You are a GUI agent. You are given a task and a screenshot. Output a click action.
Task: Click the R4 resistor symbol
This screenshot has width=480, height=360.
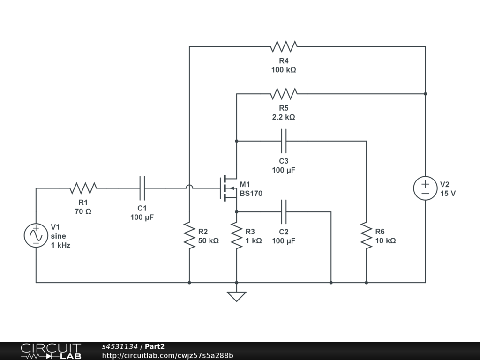(x=284, y=46)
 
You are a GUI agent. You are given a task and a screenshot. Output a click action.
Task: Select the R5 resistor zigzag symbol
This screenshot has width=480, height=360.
(x=284, y=94)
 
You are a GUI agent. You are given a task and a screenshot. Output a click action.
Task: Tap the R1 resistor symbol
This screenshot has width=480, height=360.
(x=83, y=188)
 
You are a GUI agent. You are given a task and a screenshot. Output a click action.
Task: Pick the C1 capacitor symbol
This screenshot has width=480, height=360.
(x=142, y=188)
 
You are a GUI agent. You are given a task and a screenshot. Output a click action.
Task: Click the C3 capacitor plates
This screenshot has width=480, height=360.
(x=284, y=141)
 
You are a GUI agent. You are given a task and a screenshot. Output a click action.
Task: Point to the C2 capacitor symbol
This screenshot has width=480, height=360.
(x=284, y=211)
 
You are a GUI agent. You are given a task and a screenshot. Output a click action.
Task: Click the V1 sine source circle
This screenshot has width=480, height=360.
(x=36, y=235)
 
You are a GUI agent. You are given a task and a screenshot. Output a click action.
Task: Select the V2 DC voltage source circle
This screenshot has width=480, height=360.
(x=425, y=188)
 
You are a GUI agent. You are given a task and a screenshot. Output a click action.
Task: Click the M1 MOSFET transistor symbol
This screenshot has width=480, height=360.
(x=228, y=188)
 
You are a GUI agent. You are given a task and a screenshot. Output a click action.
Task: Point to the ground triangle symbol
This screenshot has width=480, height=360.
(x=237, y=297)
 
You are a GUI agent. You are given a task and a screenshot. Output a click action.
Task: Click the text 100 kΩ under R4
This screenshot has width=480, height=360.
(x=284, y=70)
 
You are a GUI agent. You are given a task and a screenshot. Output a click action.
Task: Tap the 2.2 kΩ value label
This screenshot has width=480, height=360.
(x=284, y=117)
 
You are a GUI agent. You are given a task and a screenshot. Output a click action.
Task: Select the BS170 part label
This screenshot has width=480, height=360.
(x=251, y=194)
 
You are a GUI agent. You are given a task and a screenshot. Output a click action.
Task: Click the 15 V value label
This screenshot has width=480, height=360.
(x=448, y=194)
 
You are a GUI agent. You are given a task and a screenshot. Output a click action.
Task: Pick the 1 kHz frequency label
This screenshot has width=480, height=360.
(x=60, y=245)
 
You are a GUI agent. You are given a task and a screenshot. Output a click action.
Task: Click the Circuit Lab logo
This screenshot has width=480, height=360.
(x=51, y=351)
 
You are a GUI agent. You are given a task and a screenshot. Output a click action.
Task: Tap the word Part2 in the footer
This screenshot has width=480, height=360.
(x=155, y=346)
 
